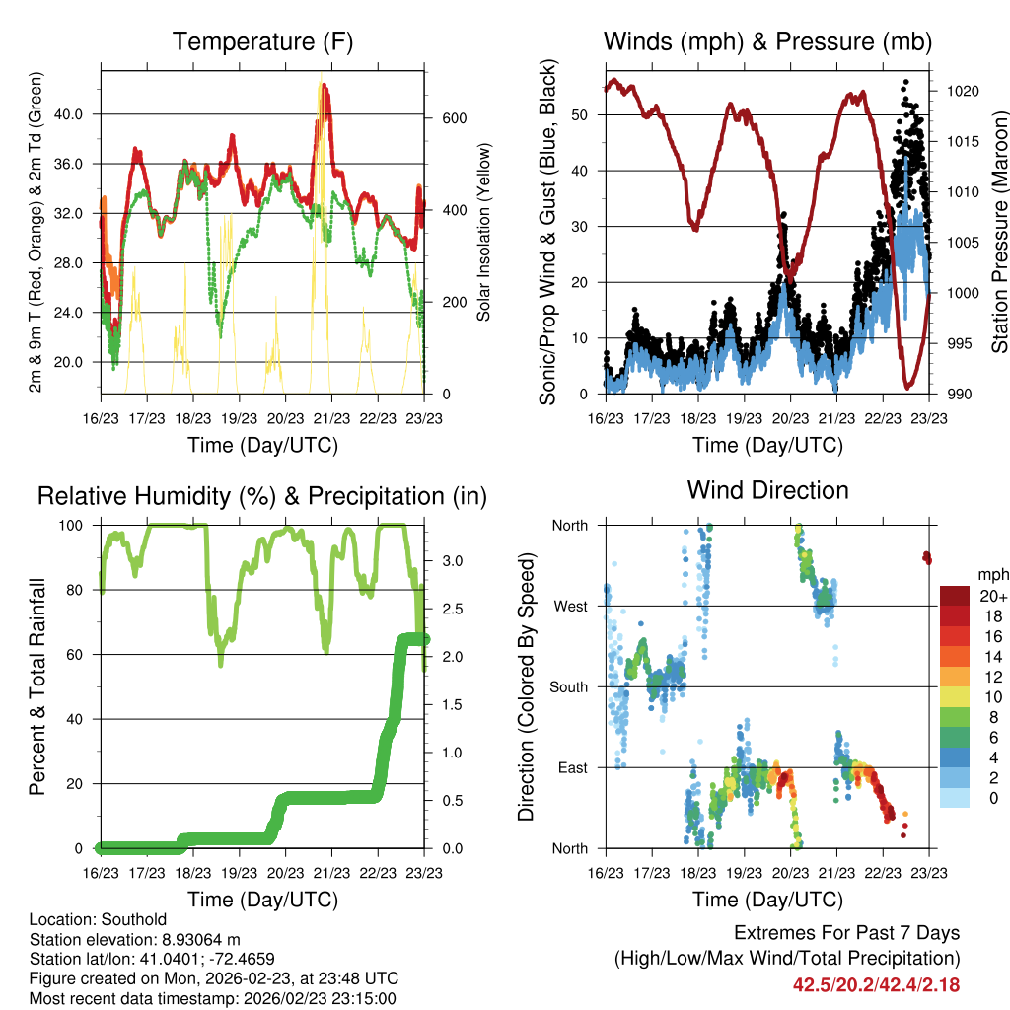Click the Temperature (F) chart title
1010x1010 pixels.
click(x=261, y=42)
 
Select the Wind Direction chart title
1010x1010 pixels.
click(x=767, y=490)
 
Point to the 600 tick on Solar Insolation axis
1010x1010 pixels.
click(x=453, y=118)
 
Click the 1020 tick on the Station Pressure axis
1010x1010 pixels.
click(x=961, y=91)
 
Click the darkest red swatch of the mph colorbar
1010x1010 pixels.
click(x=954, y=596)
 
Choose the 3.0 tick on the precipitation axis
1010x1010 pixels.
click(x=451, y=560)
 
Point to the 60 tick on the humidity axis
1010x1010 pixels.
click(x=77, y=655)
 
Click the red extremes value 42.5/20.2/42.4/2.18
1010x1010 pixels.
click(x=876, y=984)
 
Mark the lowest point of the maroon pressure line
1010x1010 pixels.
click(x=906, y=387)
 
